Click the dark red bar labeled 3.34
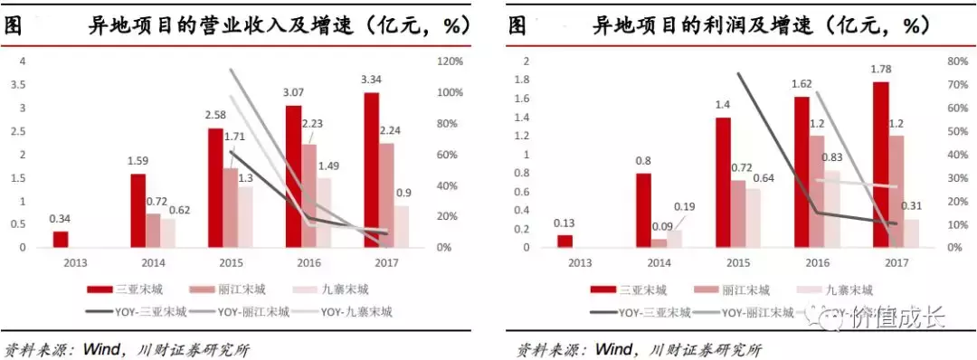pyautogui.click(x=372, y=169)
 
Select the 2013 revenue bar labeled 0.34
pyautogui.click(x=61, y=239)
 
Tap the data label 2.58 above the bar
pyautogui.click(x=214, y=116)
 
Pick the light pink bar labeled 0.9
pyautogui.click(x=401, y=226)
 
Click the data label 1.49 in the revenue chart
pyautogui.click(x=328, y=166)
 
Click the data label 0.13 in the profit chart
pyautogui.click(x=565, y=223)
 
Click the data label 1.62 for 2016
pyautogui.click(x=802, y=84)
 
